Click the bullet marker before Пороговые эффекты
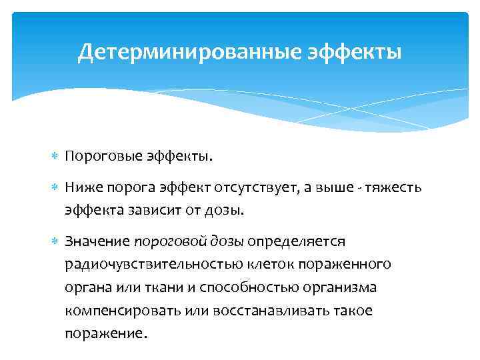[x=55, y=156]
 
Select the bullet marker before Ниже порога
[x=55, y=187]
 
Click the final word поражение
[x=103, y=334]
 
